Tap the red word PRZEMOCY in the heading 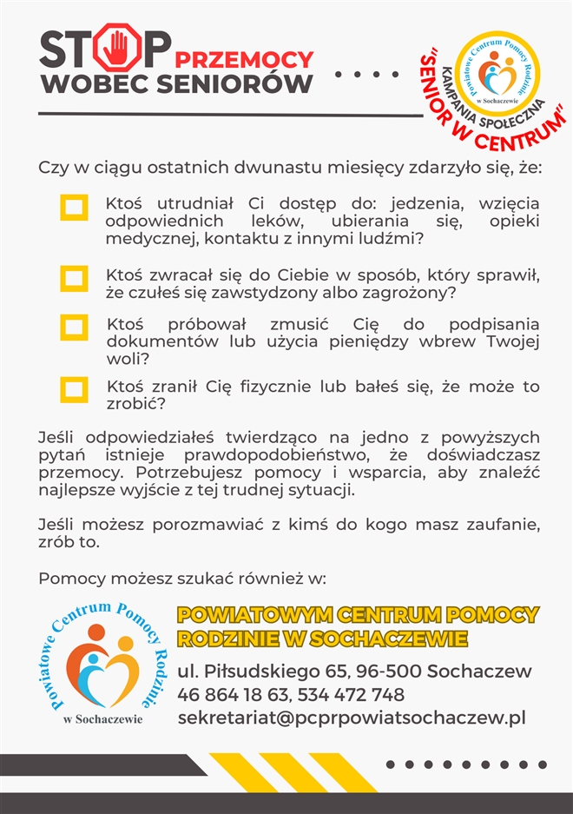(244, 59)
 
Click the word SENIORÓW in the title (240, 85)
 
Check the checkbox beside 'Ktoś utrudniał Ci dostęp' (74, 207)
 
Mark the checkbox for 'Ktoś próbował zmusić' (74, 328)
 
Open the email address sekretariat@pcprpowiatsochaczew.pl (352, 718)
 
